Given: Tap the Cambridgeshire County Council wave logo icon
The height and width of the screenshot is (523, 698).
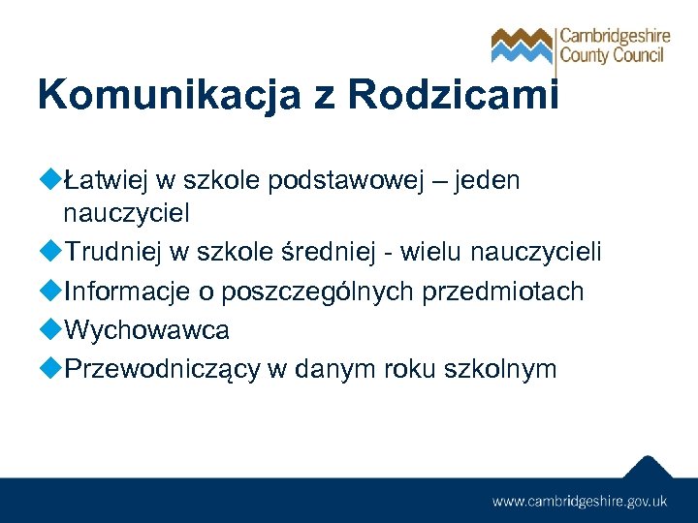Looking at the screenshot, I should click(x=522, y=45).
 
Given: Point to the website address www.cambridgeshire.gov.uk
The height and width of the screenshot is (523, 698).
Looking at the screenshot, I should click(x=580, y=501).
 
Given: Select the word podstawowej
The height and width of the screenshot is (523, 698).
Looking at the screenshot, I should click(x=350, y=180).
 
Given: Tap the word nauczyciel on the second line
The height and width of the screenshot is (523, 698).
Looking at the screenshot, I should click(x=125, y=214).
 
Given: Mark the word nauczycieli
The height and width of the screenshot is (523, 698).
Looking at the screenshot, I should click(x=535, y=253).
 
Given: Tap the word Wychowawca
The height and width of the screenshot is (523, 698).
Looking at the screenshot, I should click(x=146, y=330).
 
